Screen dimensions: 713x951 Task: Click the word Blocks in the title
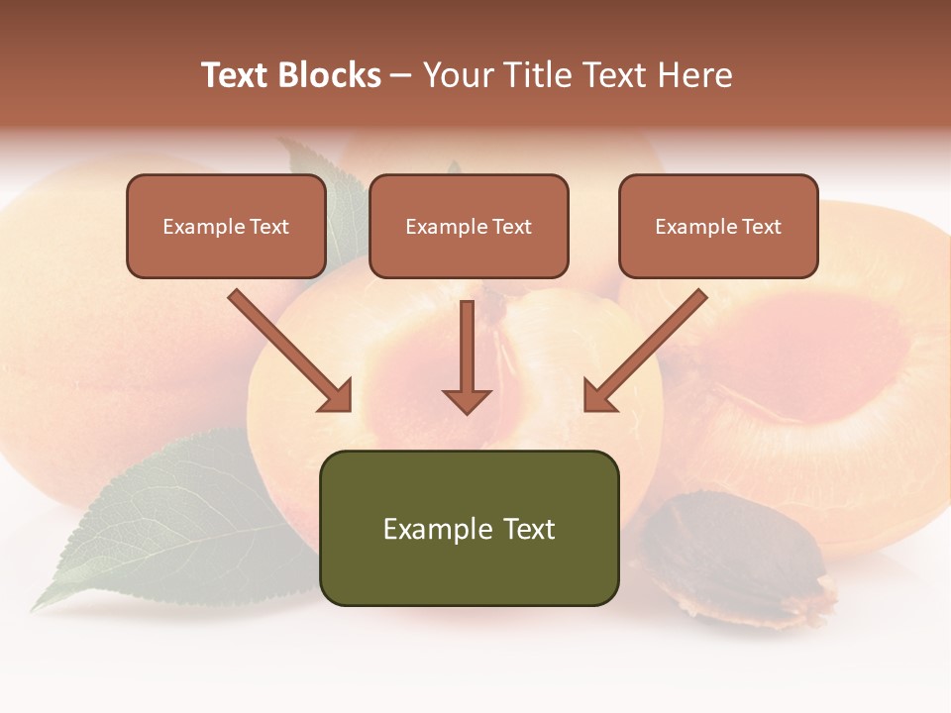(329, 75)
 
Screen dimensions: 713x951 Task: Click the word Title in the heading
(541, 75)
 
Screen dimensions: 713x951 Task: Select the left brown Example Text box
(226, 226)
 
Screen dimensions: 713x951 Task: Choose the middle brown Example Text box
(469, 226)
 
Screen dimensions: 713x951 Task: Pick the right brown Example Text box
(718, 226)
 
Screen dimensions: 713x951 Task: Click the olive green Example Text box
(469, 528)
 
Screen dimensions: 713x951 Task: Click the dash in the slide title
(401, 75)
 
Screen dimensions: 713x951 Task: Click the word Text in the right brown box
(761, 226)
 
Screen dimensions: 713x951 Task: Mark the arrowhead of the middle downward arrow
(467, 400)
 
